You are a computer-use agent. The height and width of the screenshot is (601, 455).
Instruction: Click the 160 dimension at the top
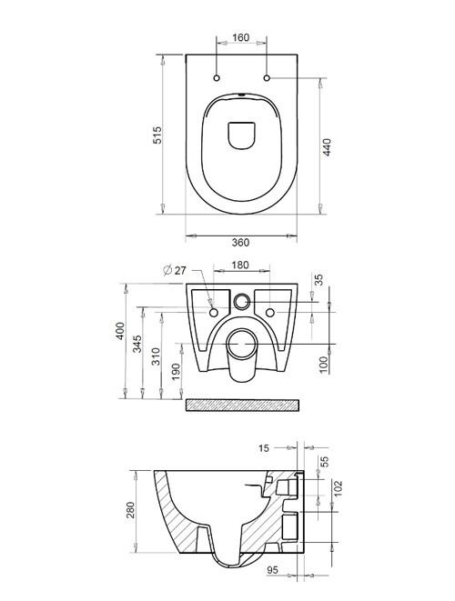(242, 39)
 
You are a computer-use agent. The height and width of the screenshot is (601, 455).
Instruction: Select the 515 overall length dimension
(157, 135)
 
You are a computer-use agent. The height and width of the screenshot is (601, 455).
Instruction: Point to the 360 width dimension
(240, 242)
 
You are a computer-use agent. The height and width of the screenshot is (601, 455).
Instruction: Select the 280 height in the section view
(130, 514)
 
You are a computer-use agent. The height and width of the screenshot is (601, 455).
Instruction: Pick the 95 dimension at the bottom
(273, 570)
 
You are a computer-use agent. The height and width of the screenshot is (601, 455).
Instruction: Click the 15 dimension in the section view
(263, 447)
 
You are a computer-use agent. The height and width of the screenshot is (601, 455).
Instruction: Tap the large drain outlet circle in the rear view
(241, 344)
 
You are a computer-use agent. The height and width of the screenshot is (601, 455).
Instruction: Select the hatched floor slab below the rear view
(241, 404)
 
